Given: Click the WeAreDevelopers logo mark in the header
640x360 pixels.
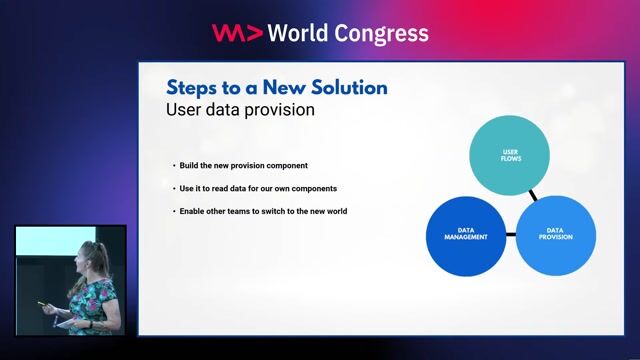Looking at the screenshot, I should click(x=236, y=33).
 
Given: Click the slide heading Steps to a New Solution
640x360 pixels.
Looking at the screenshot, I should click(x=276, y=87).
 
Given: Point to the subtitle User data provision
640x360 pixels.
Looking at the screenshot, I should click(x=240, y=110).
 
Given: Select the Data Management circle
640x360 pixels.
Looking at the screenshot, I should click(x=465, y=235).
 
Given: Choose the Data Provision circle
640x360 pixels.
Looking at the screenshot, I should click(x=555, y=235).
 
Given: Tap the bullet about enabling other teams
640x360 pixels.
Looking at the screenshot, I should click(x=263, y=211).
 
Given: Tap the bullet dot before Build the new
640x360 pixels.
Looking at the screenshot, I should click(x=173, y=165).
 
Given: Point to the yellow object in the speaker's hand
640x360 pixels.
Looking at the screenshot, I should click(x=42, y=305).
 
